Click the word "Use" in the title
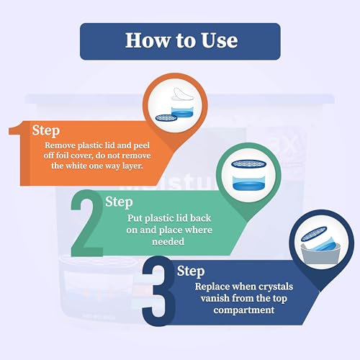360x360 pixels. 219,40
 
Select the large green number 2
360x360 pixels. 87,222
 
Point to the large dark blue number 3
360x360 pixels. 158,291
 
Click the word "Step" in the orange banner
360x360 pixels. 46,131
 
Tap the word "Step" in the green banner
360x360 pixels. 119,202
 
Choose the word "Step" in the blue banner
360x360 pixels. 191,271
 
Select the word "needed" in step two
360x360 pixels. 168,241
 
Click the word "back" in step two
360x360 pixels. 200,218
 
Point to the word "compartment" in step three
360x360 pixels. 244,310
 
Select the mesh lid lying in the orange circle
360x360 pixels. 166,117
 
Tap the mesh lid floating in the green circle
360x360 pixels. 249,164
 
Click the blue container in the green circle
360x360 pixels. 249,183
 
